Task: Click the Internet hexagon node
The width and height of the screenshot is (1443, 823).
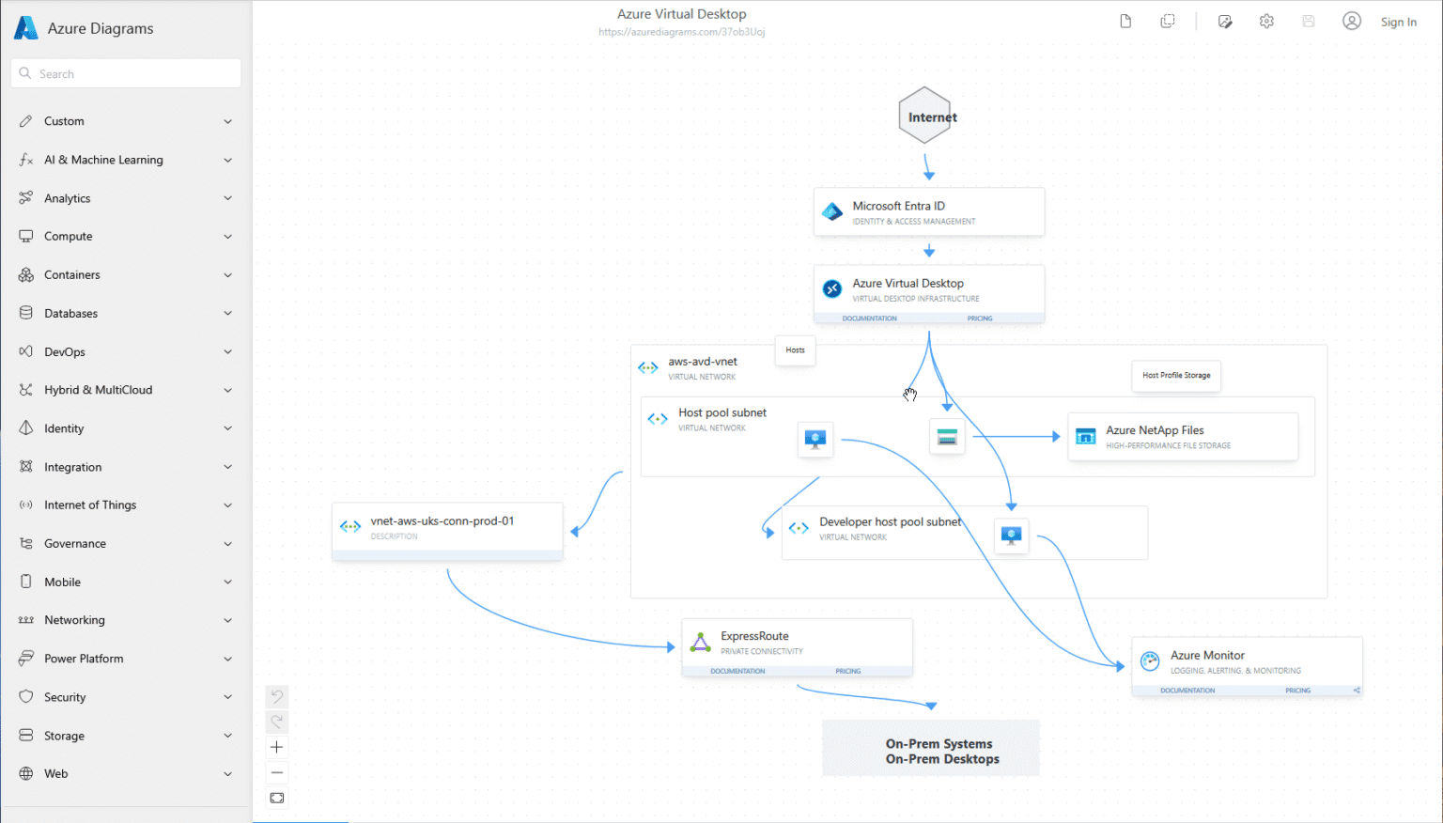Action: pyautogui.click(x=925, y=116)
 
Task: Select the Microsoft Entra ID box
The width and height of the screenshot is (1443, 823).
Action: pyautogui.click(x=928, y=212)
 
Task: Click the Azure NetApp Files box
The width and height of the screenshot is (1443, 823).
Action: pyautogui.click(x=1183, y=437)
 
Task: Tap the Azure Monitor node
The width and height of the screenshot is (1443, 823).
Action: pyautogui.click(x=1246, y=661)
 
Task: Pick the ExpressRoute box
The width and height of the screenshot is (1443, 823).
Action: pyautogui.click(x=797, y=643)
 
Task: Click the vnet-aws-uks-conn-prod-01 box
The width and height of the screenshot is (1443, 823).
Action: pyautogui.click(x=447, y=528)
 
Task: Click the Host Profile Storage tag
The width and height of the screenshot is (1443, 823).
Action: pyautogui.click(x=1176, y=375)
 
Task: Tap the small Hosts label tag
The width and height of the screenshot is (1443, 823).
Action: pyautogui.click(x=795, y=350)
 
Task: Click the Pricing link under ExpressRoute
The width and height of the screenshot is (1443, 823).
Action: pyautogui.click(x=847, y=671)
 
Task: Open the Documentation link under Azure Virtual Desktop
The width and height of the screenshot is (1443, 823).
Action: pyautogui.click(x=869, y=318)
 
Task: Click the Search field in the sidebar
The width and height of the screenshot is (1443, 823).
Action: pyautogui.click(x=126, y=73)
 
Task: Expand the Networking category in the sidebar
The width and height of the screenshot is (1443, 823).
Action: pyautogui.click(x=74, y=620)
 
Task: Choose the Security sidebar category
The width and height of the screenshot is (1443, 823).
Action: pyautogui.click(x=65, y=697)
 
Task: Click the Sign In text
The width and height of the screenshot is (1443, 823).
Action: pyautogui.click(x=1398, y=22)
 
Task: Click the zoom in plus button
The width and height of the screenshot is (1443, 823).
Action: pyautogui.click(x=277, y=748)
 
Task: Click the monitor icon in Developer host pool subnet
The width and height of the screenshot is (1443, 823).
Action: pyautogui.click(x=1011, y=536)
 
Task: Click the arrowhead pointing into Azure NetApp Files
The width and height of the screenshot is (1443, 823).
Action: pyautogui.click(x=1055, y=437)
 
